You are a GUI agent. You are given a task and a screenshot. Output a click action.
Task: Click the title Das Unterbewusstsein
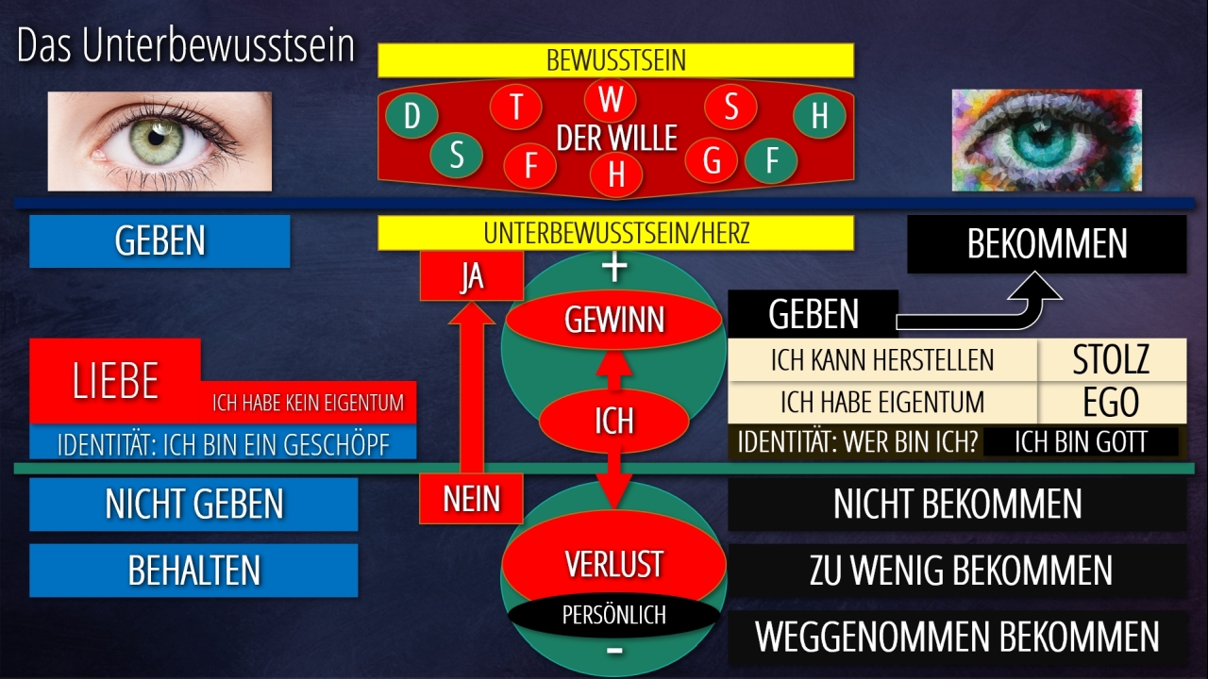(185, 47)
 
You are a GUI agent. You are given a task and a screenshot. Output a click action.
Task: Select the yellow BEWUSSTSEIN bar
(615, 60)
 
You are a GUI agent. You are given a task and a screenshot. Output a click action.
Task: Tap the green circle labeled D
(411, 116)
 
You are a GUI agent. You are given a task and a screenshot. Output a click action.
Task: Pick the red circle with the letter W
(611, 99)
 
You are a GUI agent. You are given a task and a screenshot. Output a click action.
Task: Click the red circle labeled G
(712, 160)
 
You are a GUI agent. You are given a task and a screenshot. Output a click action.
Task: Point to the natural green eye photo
(159, 141)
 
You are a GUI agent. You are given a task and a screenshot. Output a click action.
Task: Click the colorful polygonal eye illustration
(1046, 141)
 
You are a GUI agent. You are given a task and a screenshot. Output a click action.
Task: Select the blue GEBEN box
(159, 241)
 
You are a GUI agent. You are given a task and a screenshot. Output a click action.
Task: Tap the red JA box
(471, 277)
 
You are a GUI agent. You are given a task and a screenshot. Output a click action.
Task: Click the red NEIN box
(471, 499)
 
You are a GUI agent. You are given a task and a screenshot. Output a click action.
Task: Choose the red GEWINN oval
(613, 321)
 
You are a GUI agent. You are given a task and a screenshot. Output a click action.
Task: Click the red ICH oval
(613, 420)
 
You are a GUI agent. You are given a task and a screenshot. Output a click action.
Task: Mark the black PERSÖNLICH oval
(613, 616)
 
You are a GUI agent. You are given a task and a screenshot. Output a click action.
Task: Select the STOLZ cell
(1111, 360)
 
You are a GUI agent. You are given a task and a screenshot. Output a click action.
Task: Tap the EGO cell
(1111, 403)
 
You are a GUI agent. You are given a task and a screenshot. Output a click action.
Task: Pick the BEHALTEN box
(193, 571)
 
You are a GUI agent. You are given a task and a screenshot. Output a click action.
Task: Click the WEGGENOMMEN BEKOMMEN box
(957, 638)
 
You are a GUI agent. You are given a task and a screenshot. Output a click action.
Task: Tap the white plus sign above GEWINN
(614, 268)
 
